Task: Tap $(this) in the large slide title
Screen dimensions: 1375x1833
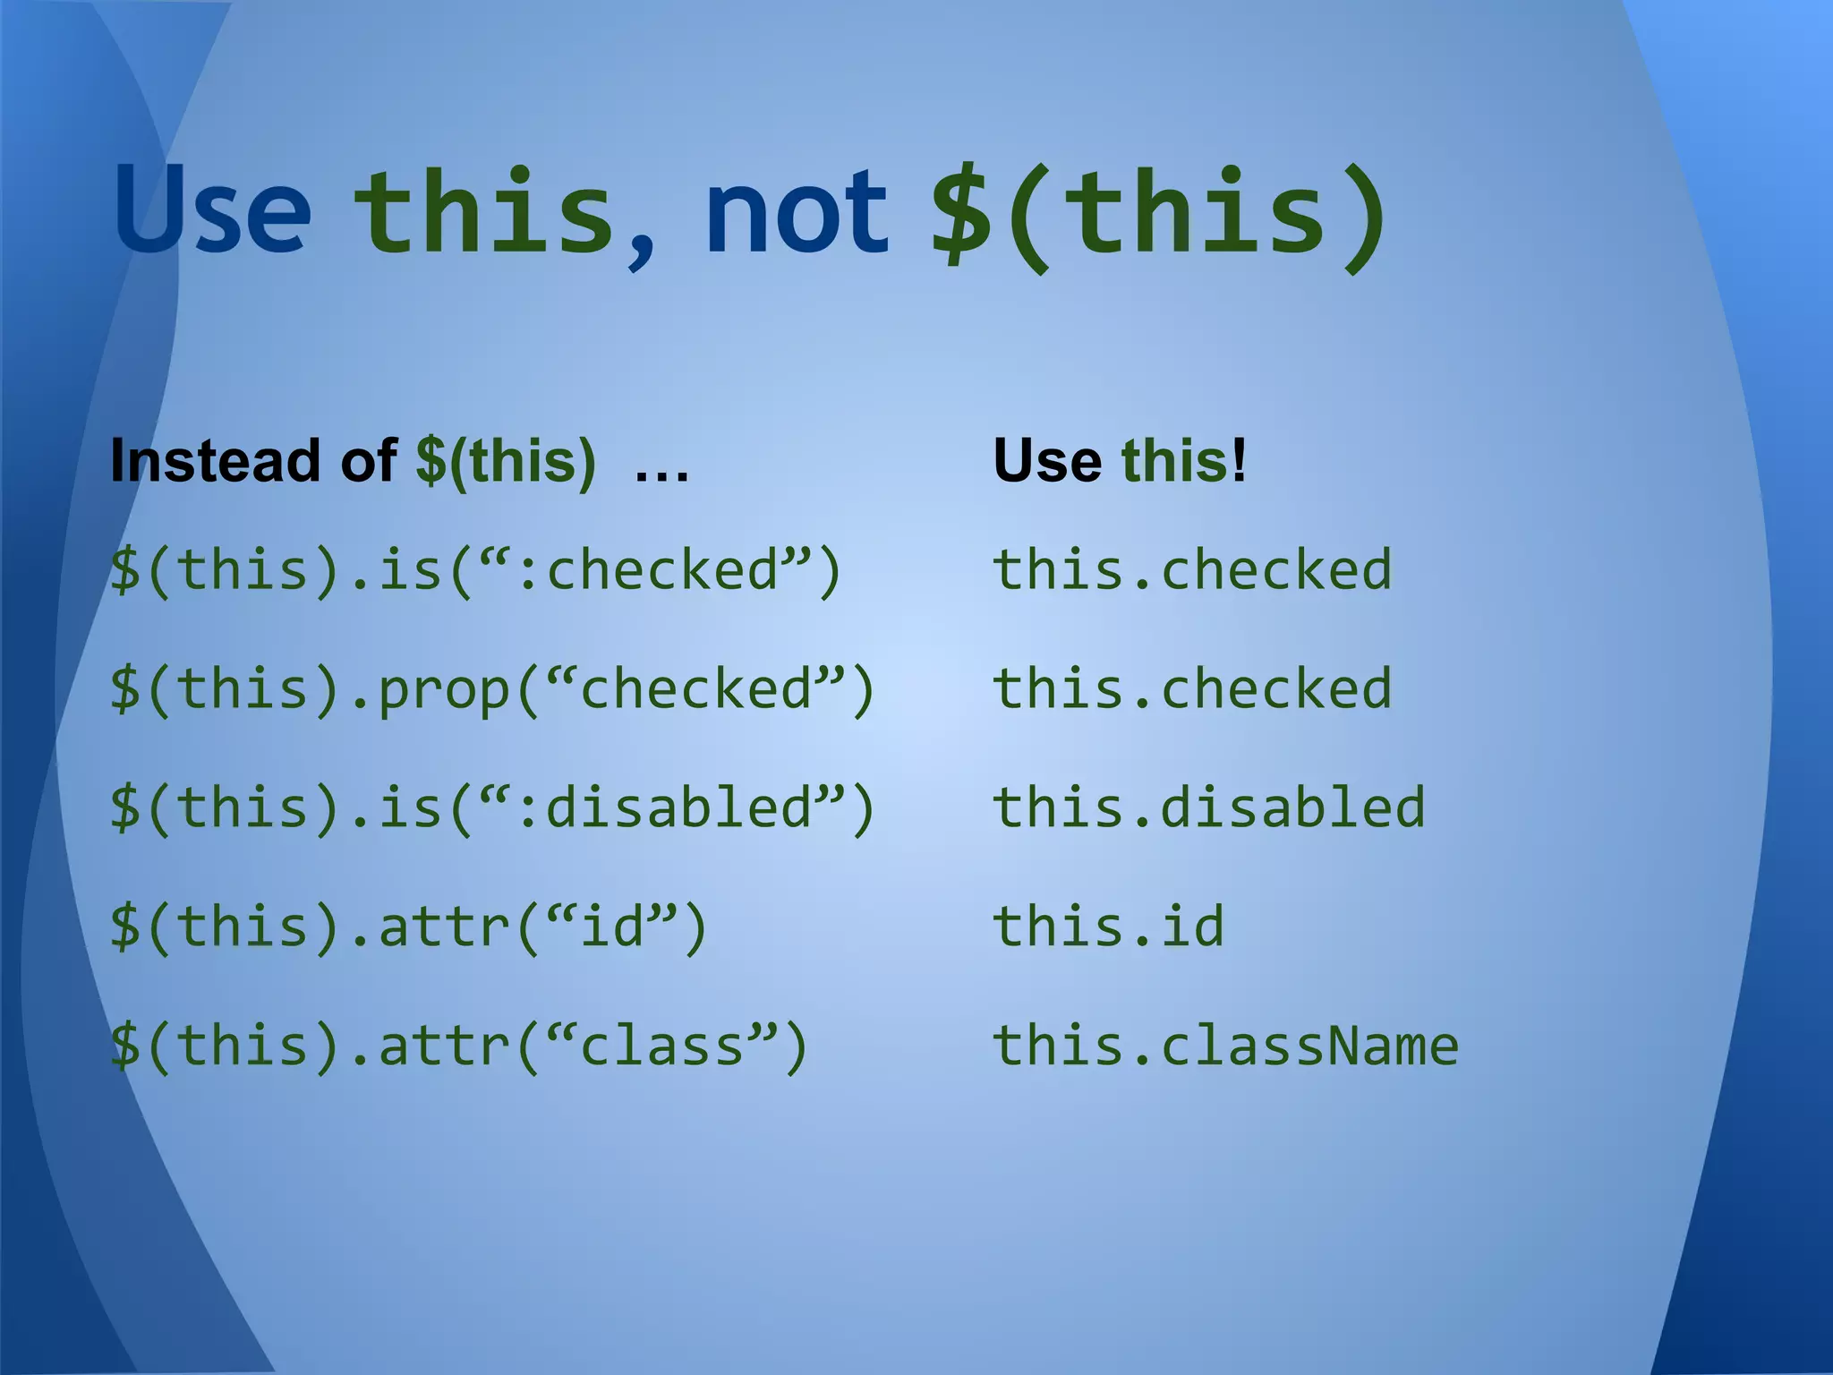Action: pos(1159,215)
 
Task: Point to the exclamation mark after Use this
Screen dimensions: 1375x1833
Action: pos(1239,461)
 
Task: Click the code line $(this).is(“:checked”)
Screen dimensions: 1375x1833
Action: pos(475,570)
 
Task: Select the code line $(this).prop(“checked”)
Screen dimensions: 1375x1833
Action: pos(491,690)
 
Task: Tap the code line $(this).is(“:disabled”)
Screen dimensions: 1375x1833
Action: pos(491,808)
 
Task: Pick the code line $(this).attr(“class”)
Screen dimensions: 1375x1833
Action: pos(459,1046)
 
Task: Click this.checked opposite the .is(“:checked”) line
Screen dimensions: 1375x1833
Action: pos(1192,570)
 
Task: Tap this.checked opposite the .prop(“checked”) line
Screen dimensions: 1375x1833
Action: pos(1192,689)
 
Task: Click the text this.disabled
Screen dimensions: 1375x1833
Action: pos(1208,807)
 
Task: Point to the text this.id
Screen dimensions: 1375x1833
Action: pos(1108,926)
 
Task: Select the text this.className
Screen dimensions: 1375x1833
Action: pos(1225,1046)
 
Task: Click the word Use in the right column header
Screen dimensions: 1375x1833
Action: pos(1047,461)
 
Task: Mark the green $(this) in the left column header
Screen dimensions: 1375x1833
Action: pos(506,461)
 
